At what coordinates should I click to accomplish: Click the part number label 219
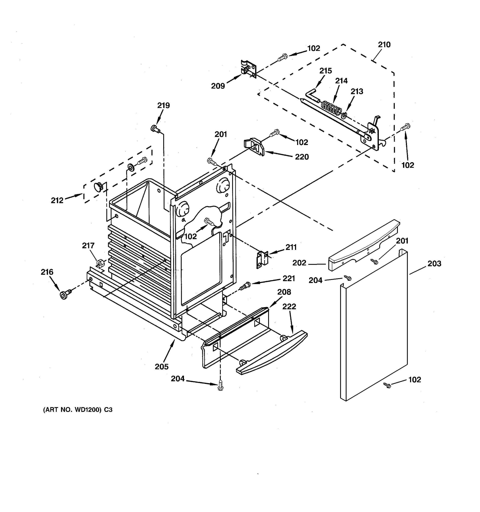point(163,105)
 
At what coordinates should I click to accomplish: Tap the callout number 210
point(384,45)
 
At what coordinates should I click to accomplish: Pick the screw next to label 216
point(65,294)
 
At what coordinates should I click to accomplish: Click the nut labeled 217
point(100,264)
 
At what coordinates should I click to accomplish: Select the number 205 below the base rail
point(161,367)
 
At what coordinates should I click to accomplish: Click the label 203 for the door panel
point(434,263)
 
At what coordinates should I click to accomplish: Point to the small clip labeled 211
point(262,260)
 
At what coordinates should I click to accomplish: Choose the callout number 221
point(289,278)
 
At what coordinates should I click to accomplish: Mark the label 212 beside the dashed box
point(57,200)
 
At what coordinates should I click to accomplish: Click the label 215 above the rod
point(326,71)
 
